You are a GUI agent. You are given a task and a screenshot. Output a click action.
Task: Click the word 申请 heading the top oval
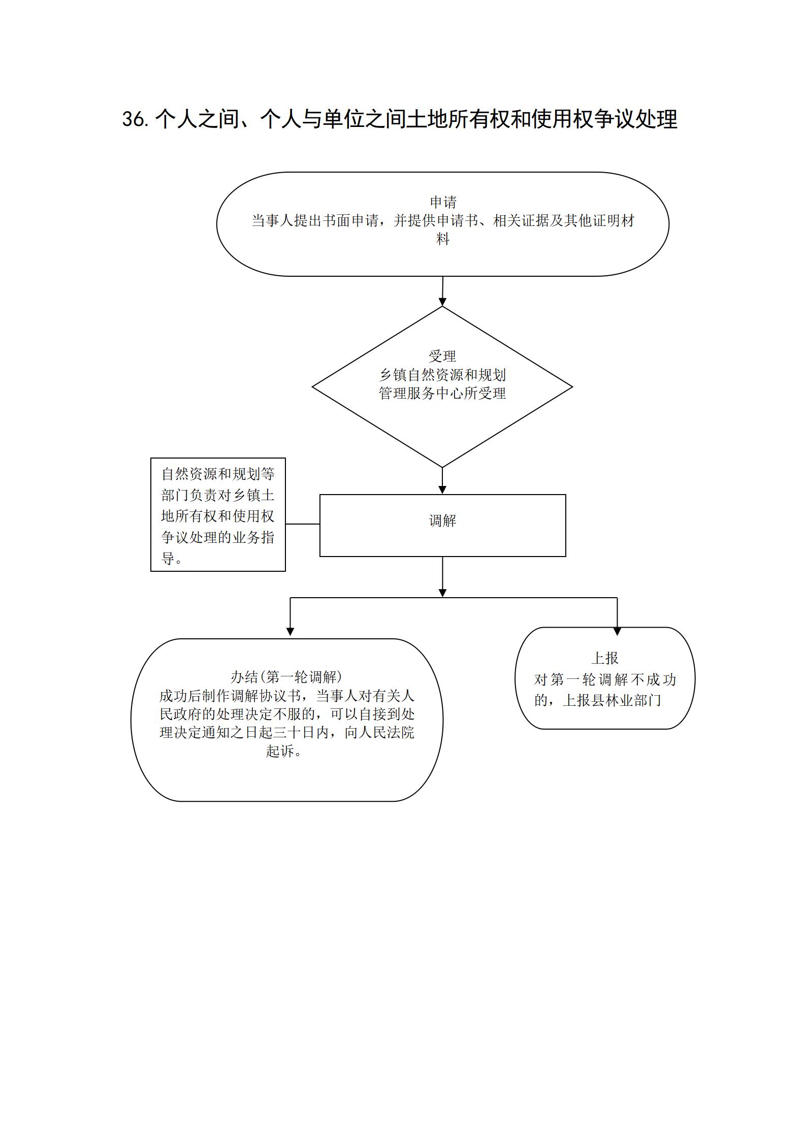point(443,202)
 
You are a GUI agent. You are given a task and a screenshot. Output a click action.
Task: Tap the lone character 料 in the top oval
point(443,239)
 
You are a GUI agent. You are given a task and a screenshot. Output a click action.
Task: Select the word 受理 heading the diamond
point(442,356)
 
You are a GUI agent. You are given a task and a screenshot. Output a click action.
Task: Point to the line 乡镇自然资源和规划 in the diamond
point(442,375)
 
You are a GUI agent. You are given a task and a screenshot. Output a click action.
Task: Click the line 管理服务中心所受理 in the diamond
point(442,393)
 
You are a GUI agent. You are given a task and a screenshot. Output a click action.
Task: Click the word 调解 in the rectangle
point(442,520)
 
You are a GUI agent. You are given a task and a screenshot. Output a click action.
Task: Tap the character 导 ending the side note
point(168,558)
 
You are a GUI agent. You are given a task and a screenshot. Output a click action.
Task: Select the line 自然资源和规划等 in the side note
point(218,474)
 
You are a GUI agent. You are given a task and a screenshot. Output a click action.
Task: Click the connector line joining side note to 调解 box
point(303,524)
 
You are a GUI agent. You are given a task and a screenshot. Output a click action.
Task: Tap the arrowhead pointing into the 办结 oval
point(290,632)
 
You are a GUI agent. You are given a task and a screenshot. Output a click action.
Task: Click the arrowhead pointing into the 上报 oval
point(617,632)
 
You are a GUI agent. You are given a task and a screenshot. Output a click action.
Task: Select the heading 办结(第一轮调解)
point(286,677)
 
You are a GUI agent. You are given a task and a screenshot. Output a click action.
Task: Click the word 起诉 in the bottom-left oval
point(280,751)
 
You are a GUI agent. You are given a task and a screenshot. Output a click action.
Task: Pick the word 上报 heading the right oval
point(605,658)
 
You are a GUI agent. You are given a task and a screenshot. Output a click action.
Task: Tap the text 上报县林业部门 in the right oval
point(612,700)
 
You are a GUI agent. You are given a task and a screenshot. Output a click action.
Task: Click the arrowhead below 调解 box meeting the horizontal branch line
point(442,593)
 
